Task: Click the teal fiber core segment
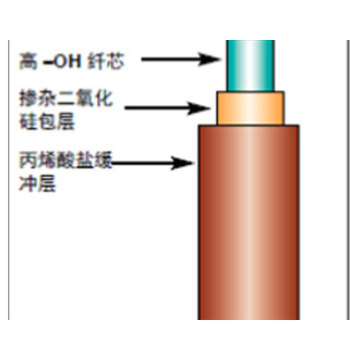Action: click(x=250, y=66)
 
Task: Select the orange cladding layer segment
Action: click(x=250, y=108)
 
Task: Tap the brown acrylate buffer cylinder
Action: click(x=249, y=222)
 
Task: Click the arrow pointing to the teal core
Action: click(x=181, y=59)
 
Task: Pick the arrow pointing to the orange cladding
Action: click(x=168, y=108)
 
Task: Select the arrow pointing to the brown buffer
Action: click(x=153, y=162)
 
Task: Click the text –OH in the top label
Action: click(x=62, y=61)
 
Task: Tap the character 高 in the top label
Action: click(x=28, y=61)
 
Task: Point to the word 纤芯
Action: click(x=106, y=61)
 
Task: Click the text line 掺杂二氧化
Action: click(x=66, y=98)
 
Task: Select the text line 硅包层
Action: click(x=47, y=122)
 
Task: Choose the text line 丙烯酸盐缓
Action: click(x=66, y=160)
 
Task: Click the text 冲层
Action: click(x=38, y=183)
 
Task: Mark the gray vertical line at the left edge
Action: click(x=9, y=180)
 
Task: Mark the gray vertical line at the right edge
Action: click(x=348, y=180)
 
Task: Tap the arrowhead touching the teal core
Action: click(x=210, y=59)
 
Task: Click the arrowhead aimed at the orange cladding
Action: click(x=199, y=108)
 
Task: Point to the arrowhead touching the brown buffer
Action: click(x=183, y=162)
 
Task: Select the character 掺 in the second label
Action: click(x=28, y=98)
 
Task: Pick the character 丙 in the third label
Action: click(x=28, y=160)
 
